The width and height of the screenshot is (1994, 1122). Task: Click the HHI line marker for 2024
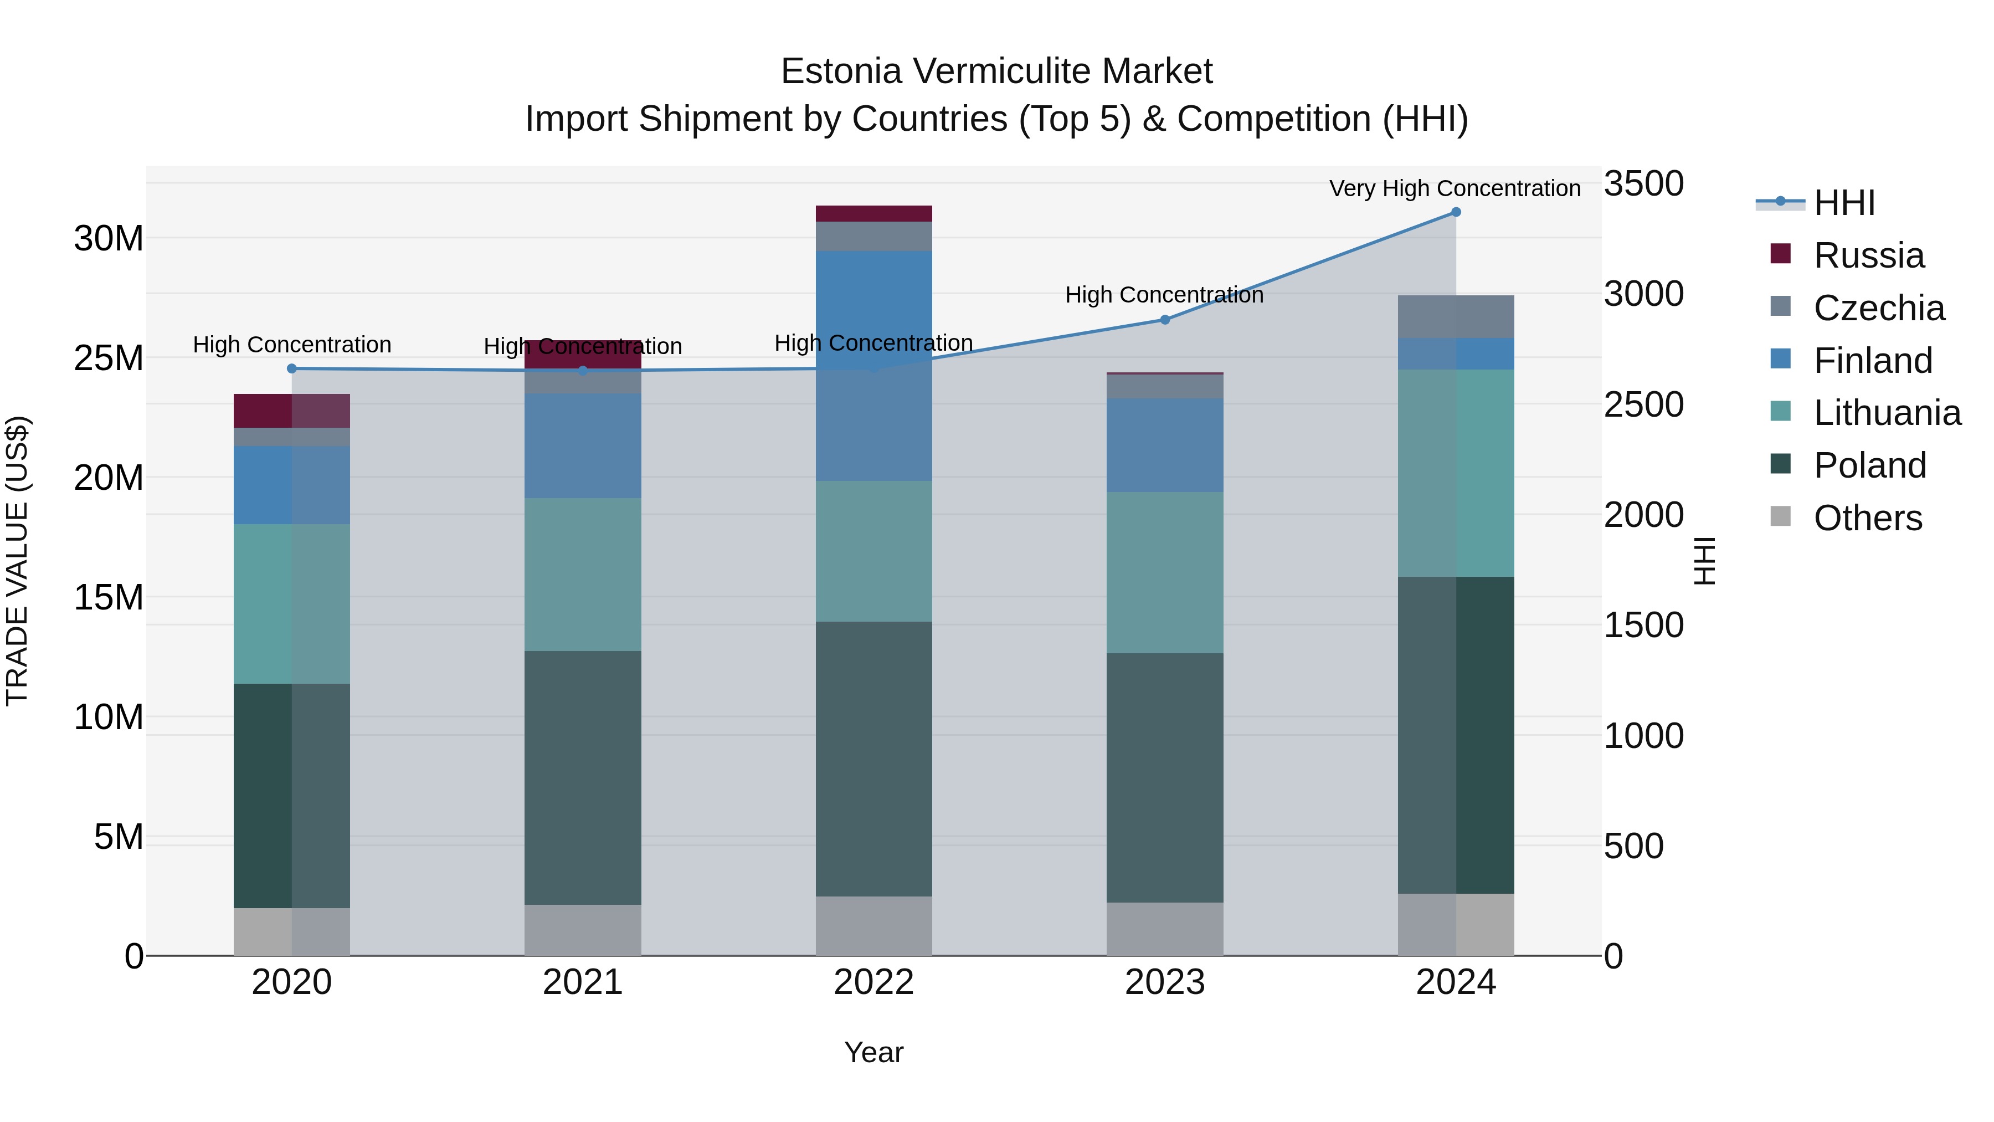pos(1455,212)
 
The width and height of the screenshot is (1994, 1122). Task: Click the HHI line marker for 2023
pos(1164,320)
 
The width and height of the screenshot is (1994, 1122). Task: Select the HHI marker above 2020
pos(292,368)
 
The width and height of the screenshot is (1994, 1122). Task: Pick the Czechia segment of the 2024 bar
pos(1455,317)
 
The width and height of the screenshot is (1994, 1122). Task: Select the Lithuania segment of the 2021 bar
pos(582,574)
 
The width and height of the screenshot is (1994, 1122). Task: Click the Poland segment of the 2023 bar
pos(1164,777)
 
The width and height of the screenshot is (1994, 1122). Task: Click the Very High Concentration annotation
pos(1455,189)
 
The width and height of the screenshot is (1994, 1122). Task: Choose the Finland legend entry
pos(1873,361)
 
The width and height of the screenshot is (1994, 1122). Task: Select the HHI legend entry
pos(1844,203)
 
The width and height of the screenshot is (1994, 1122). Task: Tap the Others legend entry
pos(1867,518)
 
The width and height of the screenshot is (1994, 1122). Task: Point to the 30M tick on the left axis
pos(109,238)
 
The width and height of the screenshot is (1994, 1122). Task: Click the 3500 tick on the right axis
pos(1643,185)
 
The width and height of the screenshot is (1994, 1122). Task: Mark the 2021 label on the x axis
pos(582,982)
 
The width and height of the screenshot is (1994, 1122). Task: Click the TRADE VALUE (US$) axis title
pos(17,561)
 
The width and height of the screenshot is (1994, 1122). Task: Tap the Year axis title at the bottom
pos(873,1052)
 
